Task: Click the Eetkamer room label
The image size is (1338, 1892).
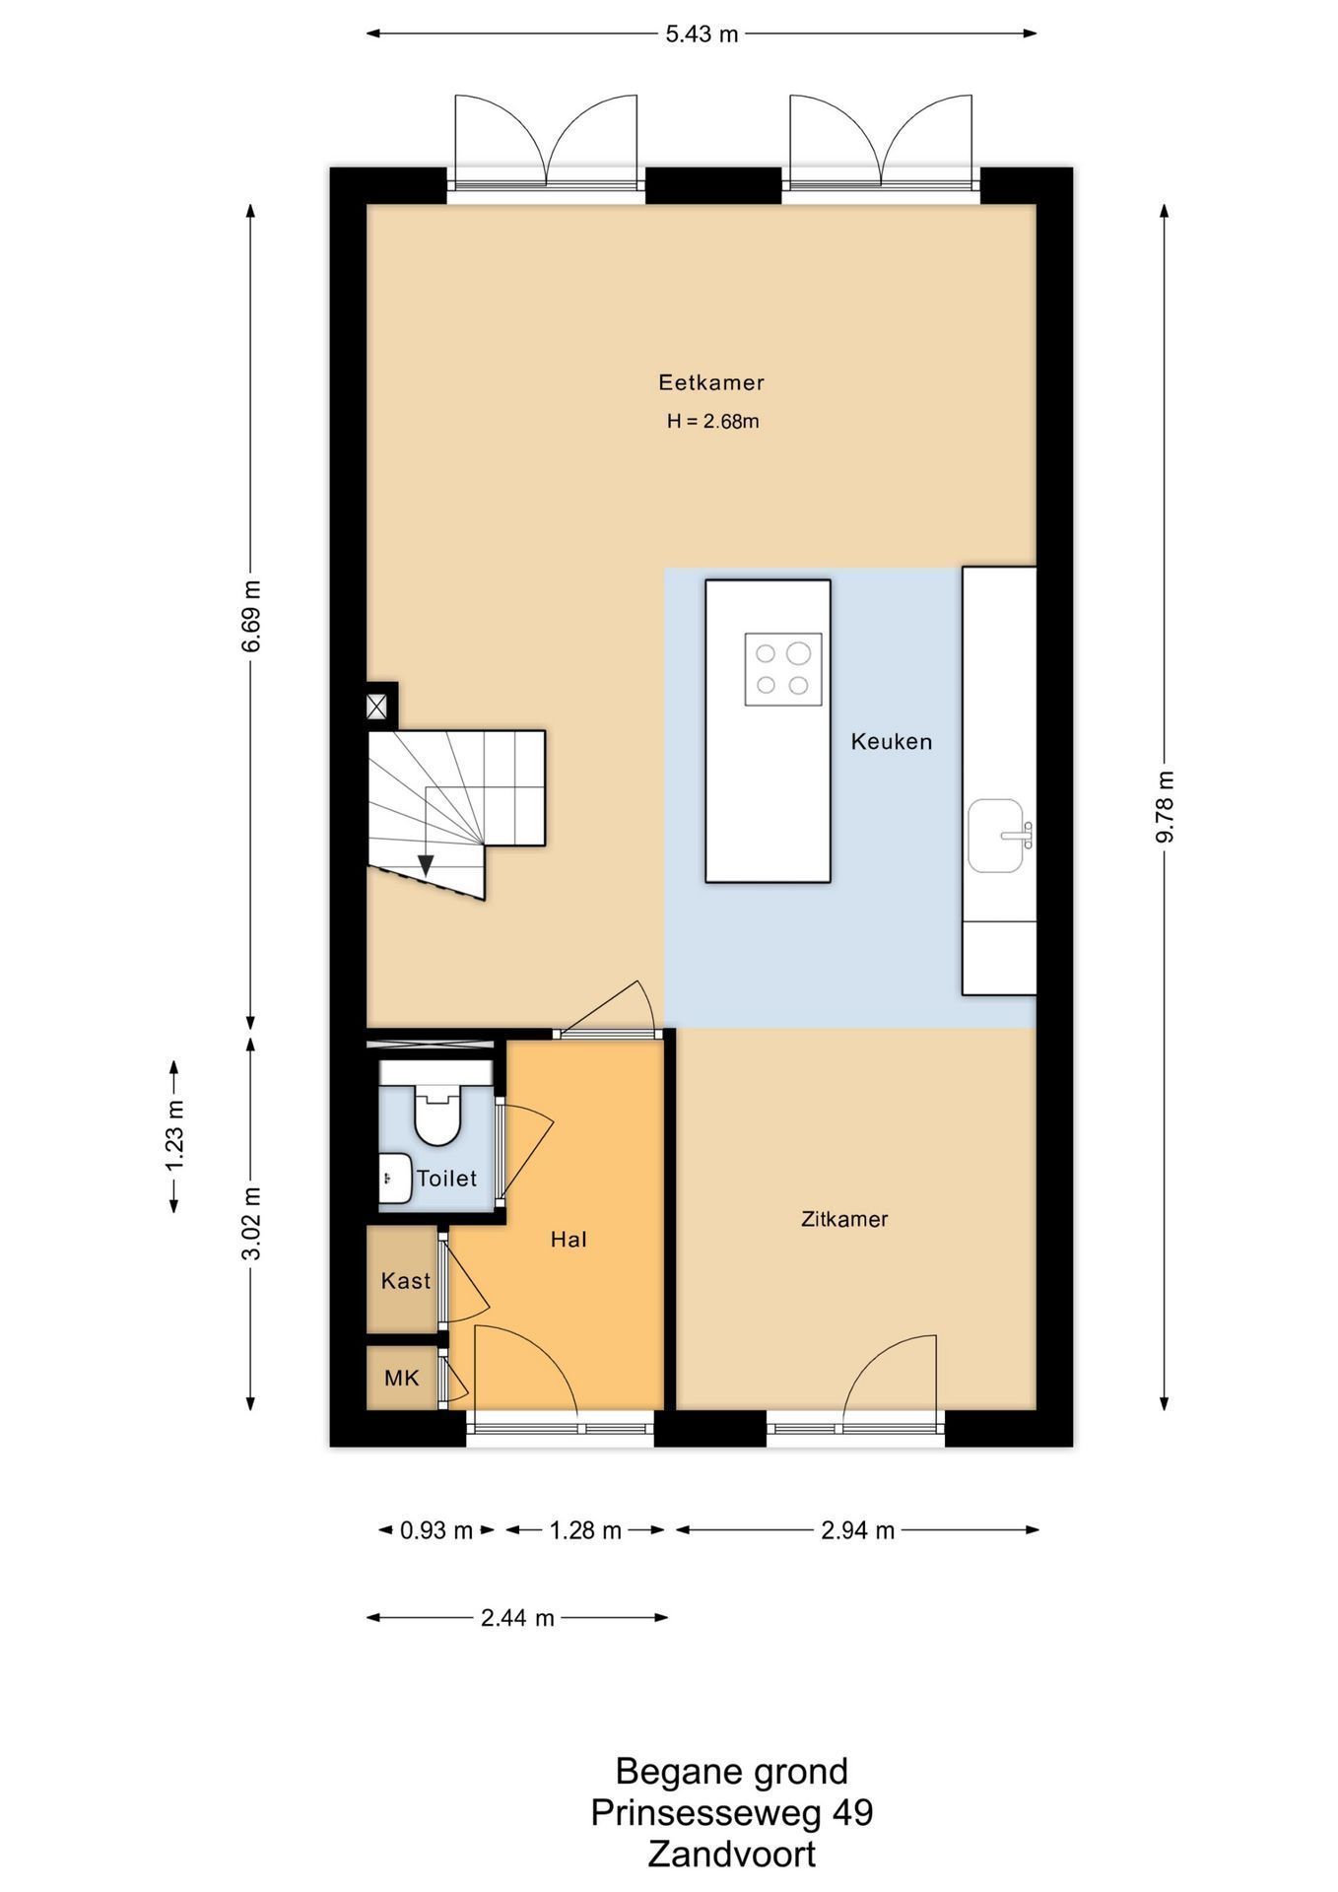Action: [711, 382]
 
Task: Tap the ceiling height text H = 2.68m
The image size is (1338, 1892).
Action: [712, 422]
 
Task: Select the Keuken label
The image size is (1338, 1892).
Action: [892, 741]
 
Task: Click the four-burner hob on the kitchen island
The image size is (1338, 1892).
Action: [783, 669]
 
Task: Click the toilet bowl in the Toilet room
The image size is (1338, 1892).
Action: [437, 1115]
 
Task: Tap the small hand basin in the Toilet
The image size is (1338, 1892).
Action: [396, 1177]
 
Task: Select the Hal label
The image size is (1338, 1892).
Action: [569, 1240]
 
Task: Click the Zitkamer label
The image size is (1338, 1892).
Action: [844, 1219]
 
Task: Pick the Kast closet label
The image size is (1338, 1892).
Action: [406, 1281]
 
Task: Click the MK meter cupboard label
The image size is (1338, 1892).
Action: [402, 1378]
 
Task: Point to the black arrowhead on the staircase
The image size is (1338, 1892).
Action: [426, 865]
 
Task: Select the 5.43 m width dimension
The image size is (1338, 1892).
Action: [702, 34]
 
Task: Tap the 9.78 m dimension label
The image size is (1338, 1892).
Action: [1166, 806]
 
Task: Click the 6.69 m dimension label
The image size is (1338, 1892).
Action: [252, 616]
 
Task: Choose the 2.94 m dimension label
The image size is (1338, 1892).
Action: [858, 1530]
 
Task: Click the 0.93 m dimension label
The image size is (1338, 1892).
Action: [436, 1530]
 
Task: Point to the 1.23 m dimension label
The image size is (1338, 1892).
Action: [175, 1136]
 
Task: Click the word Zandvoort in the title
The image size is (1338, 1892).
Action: [732, 1855]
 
